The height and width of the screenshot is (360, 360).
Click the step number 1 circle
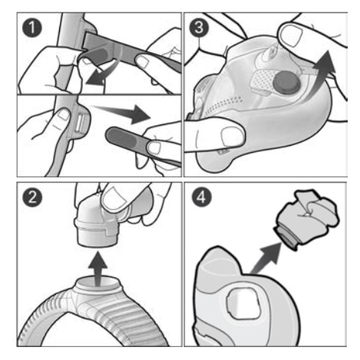click(x=32, y=28)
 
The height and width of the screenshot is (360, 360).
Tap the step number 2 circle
click(x=32, y=197)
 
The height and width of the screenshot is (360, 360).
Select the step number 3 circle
click(x=199, y=28)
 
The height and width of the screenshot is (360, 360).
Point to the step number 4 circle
click(x=202, y=197)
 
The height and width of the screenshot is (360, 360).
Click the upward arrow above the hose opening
click(x=97, y=269)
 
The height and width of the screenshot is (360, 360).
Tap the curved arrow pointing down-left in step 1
click(x=102, y=74)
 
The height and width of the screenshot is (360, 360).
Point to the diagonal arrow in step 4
click(x=266, y=259)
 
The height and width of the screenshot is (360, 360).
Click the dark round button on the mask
click(x=286, y=82)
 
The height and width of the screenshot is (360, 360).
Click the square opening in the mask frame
click(x=244, y=303)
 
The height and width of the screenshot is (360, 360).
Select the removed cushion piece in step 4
click(x=306, y=220)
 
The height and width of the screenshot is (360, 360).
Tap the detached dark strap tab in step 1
click(x=127, y=140)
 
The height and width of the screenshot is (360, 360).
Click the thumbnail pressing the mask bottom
click(x=233, y=137)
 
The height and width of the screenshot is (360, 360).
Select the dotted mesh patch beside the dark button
click(x=261, y=81)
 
